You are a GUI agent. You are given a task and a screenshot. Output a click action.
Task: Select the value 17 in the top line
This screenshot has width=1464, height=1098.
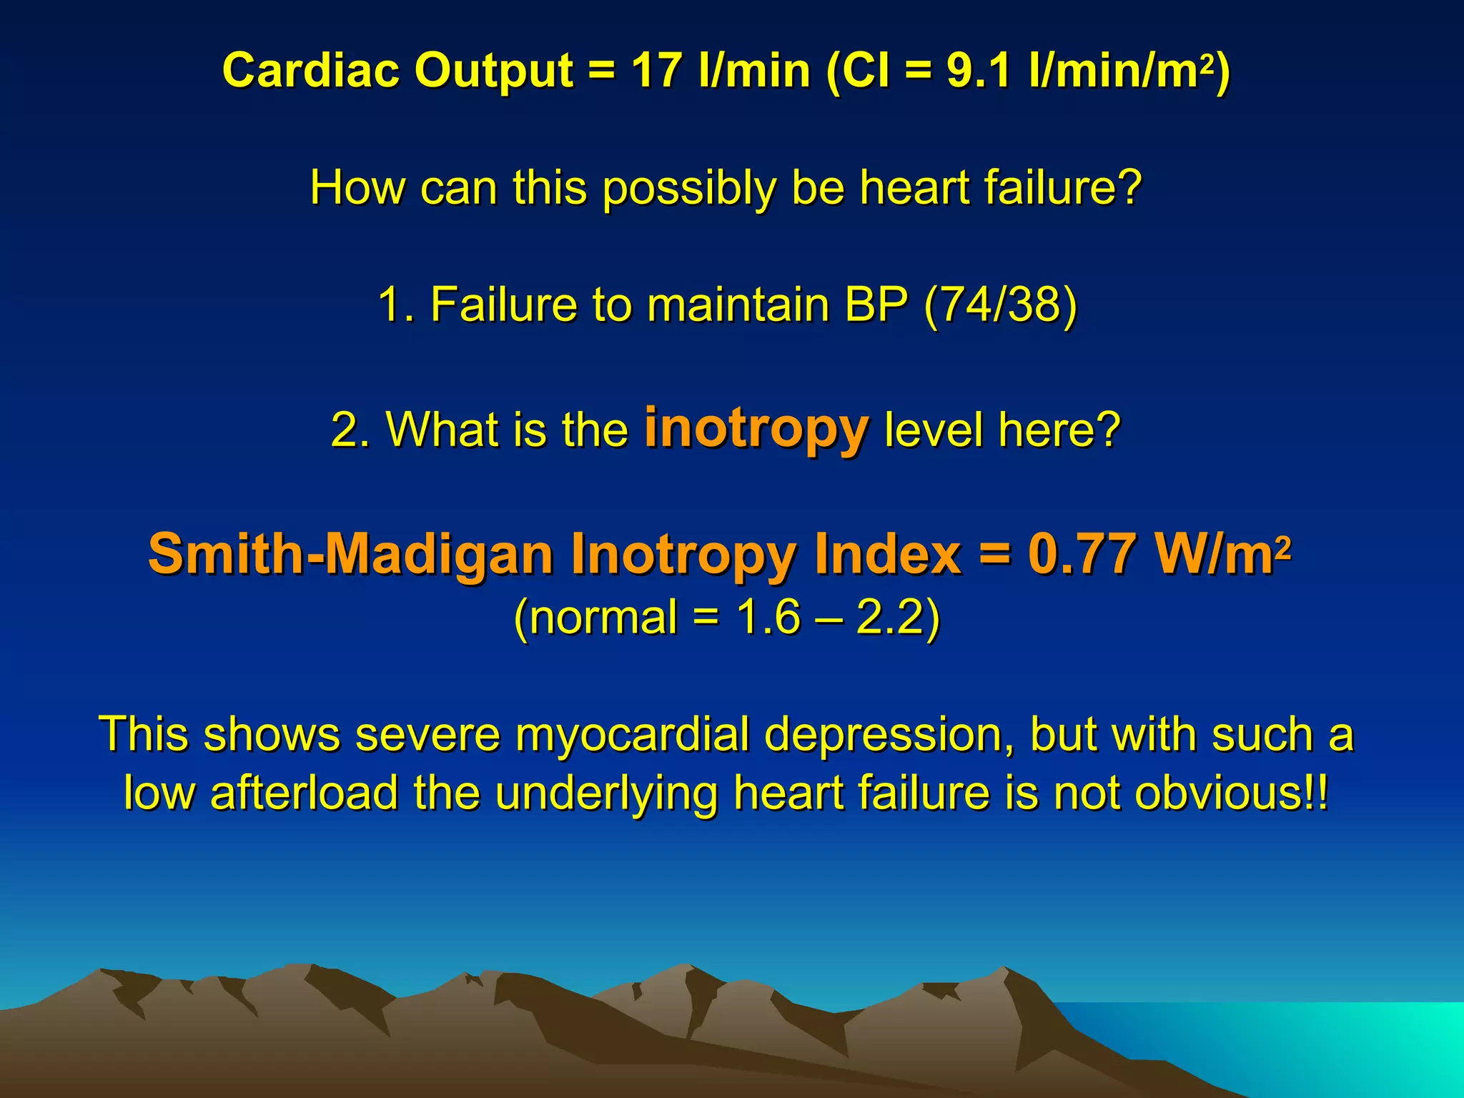[656, 71]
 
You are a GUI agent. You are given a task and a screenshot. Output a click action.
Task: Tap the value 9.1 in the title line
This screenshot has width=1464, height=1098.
[978, 71]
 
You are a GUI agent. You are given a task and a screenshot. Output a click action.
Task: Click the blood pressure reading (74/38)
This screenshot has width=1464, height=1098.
[1000, 305]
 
